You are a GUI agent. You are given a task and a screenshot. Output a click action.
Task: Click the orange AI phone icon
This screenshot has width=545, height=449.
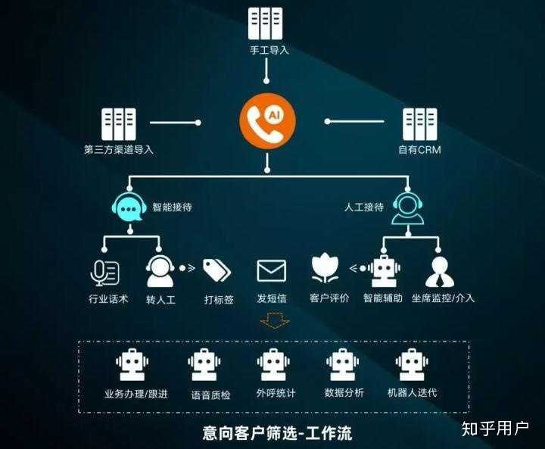267,121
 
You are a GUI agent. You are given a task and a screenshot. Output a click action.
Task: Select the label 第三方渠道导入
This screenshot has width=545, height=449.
119,149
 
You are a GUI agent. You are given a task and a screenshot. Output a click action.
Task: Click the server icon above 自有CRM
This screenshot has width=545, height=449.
419,123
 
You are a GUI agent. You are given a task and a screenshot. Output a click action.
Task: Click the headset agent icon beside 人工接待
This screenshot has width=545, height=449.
407,207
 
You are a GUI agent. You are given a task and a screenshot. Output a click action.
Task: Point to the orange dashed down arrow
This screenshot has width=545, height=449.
274,322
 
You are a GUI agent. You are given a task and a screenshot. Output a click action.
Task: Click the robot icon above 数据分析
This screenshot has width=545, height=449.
344,365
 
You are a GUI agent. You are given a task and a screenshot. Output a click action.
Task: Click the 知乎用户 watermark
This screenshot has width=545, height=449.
495,429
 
